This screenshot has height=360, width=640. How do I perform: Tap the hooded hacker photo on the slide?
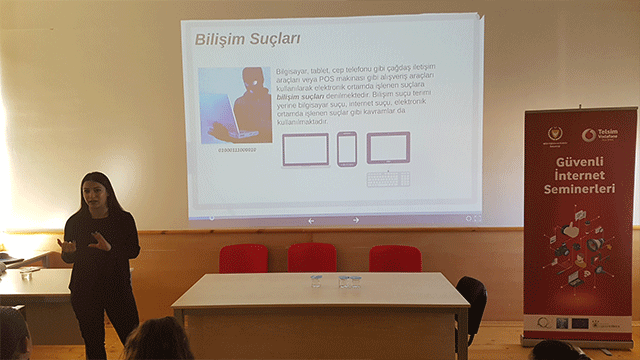coord(235,105)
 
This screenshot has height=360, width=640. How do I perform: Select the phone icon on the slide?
coord(346,148)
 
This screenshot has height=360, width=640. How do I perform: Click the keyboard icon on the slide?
coord(387,179)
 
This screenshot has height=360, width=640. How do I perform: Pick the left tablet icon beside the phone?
coord(305,149)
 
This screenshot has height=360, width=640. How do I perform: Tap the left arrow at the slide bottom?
coord(311,220)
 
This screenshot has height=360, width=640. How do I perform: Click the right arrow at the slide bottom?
coord(356,220)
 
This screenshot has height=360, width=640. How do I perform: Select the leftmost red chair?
coord(243,258)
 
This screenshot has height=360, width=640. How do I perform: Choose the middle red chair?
coord(312,257)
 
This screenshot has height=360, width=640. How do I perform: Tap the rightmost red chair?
coord(394,258)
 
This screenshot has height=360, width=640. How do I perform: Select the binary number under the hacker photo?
coord(235,149)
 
